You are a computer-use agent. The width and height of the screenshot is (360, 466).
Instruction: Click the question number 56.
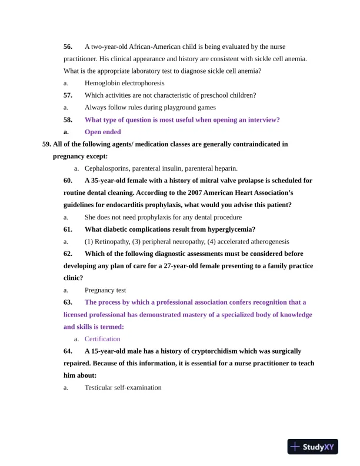pyautogui.click(x=68, y=46)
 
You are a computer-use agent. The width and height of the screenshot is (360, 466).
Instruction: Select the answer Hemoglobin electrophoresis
pyautogui.click(x=124, y=83)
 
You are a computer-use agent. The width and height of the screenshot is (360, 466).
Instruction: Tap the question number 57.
pyautogui.click(x=68, y=95)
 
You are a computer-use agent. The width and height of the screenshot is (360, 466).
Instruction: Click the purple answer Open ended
pyautogui.click(x=103, y=132)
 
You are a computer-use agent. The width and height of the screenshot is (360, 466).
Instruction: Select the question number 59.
pyautogui.click(x=46, y=144)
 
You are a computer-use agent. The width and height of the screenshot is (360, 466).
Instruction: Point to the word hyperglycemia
pyautogui.click(x=229, y=229)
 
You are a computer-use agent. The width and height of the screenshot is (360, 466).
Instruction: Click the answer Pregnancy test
pyautogui.click(x=105, y=290)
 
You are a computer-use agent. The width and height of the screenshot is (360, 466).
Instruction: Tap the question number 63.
pyautogui.click(x=68, y=302)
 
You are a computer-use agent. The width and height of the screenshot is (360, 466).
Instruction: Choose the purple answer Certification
pyautogui.click(x=102, y=339)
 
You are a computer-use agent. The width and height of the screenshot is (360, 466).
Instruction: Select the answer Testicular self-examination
pyautogui.click(x=123, y=388)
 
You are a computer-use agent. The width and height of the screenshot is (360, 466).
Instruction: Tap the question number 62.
pyautogui.click(x=68, y=254)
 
